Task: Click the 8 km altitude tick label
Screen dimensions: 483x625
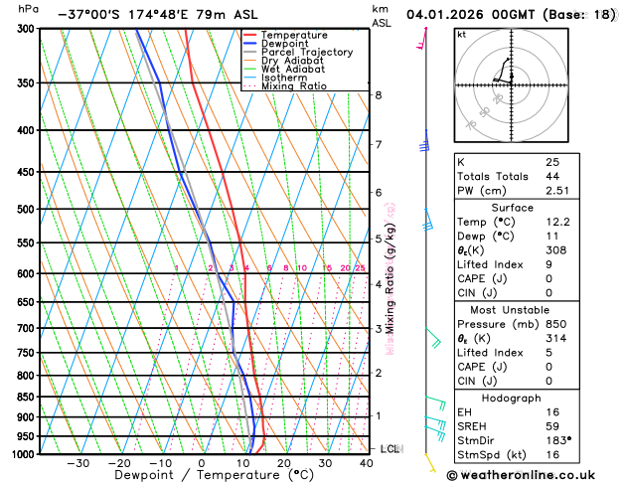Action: [x=378, y=95]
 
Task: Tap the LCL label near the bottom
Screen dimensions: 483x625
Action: [x=391, y=449]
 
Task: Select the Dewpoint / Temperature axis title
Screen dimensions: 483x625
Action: [x=202, y=476]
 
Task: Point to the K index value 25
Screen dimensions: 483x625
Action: [x=552, y=162]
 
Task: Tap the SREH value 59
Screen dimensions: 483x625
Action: [x=552, y=425]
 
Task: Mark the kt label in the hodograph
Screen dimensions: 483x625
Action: [x=461, y=34]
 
